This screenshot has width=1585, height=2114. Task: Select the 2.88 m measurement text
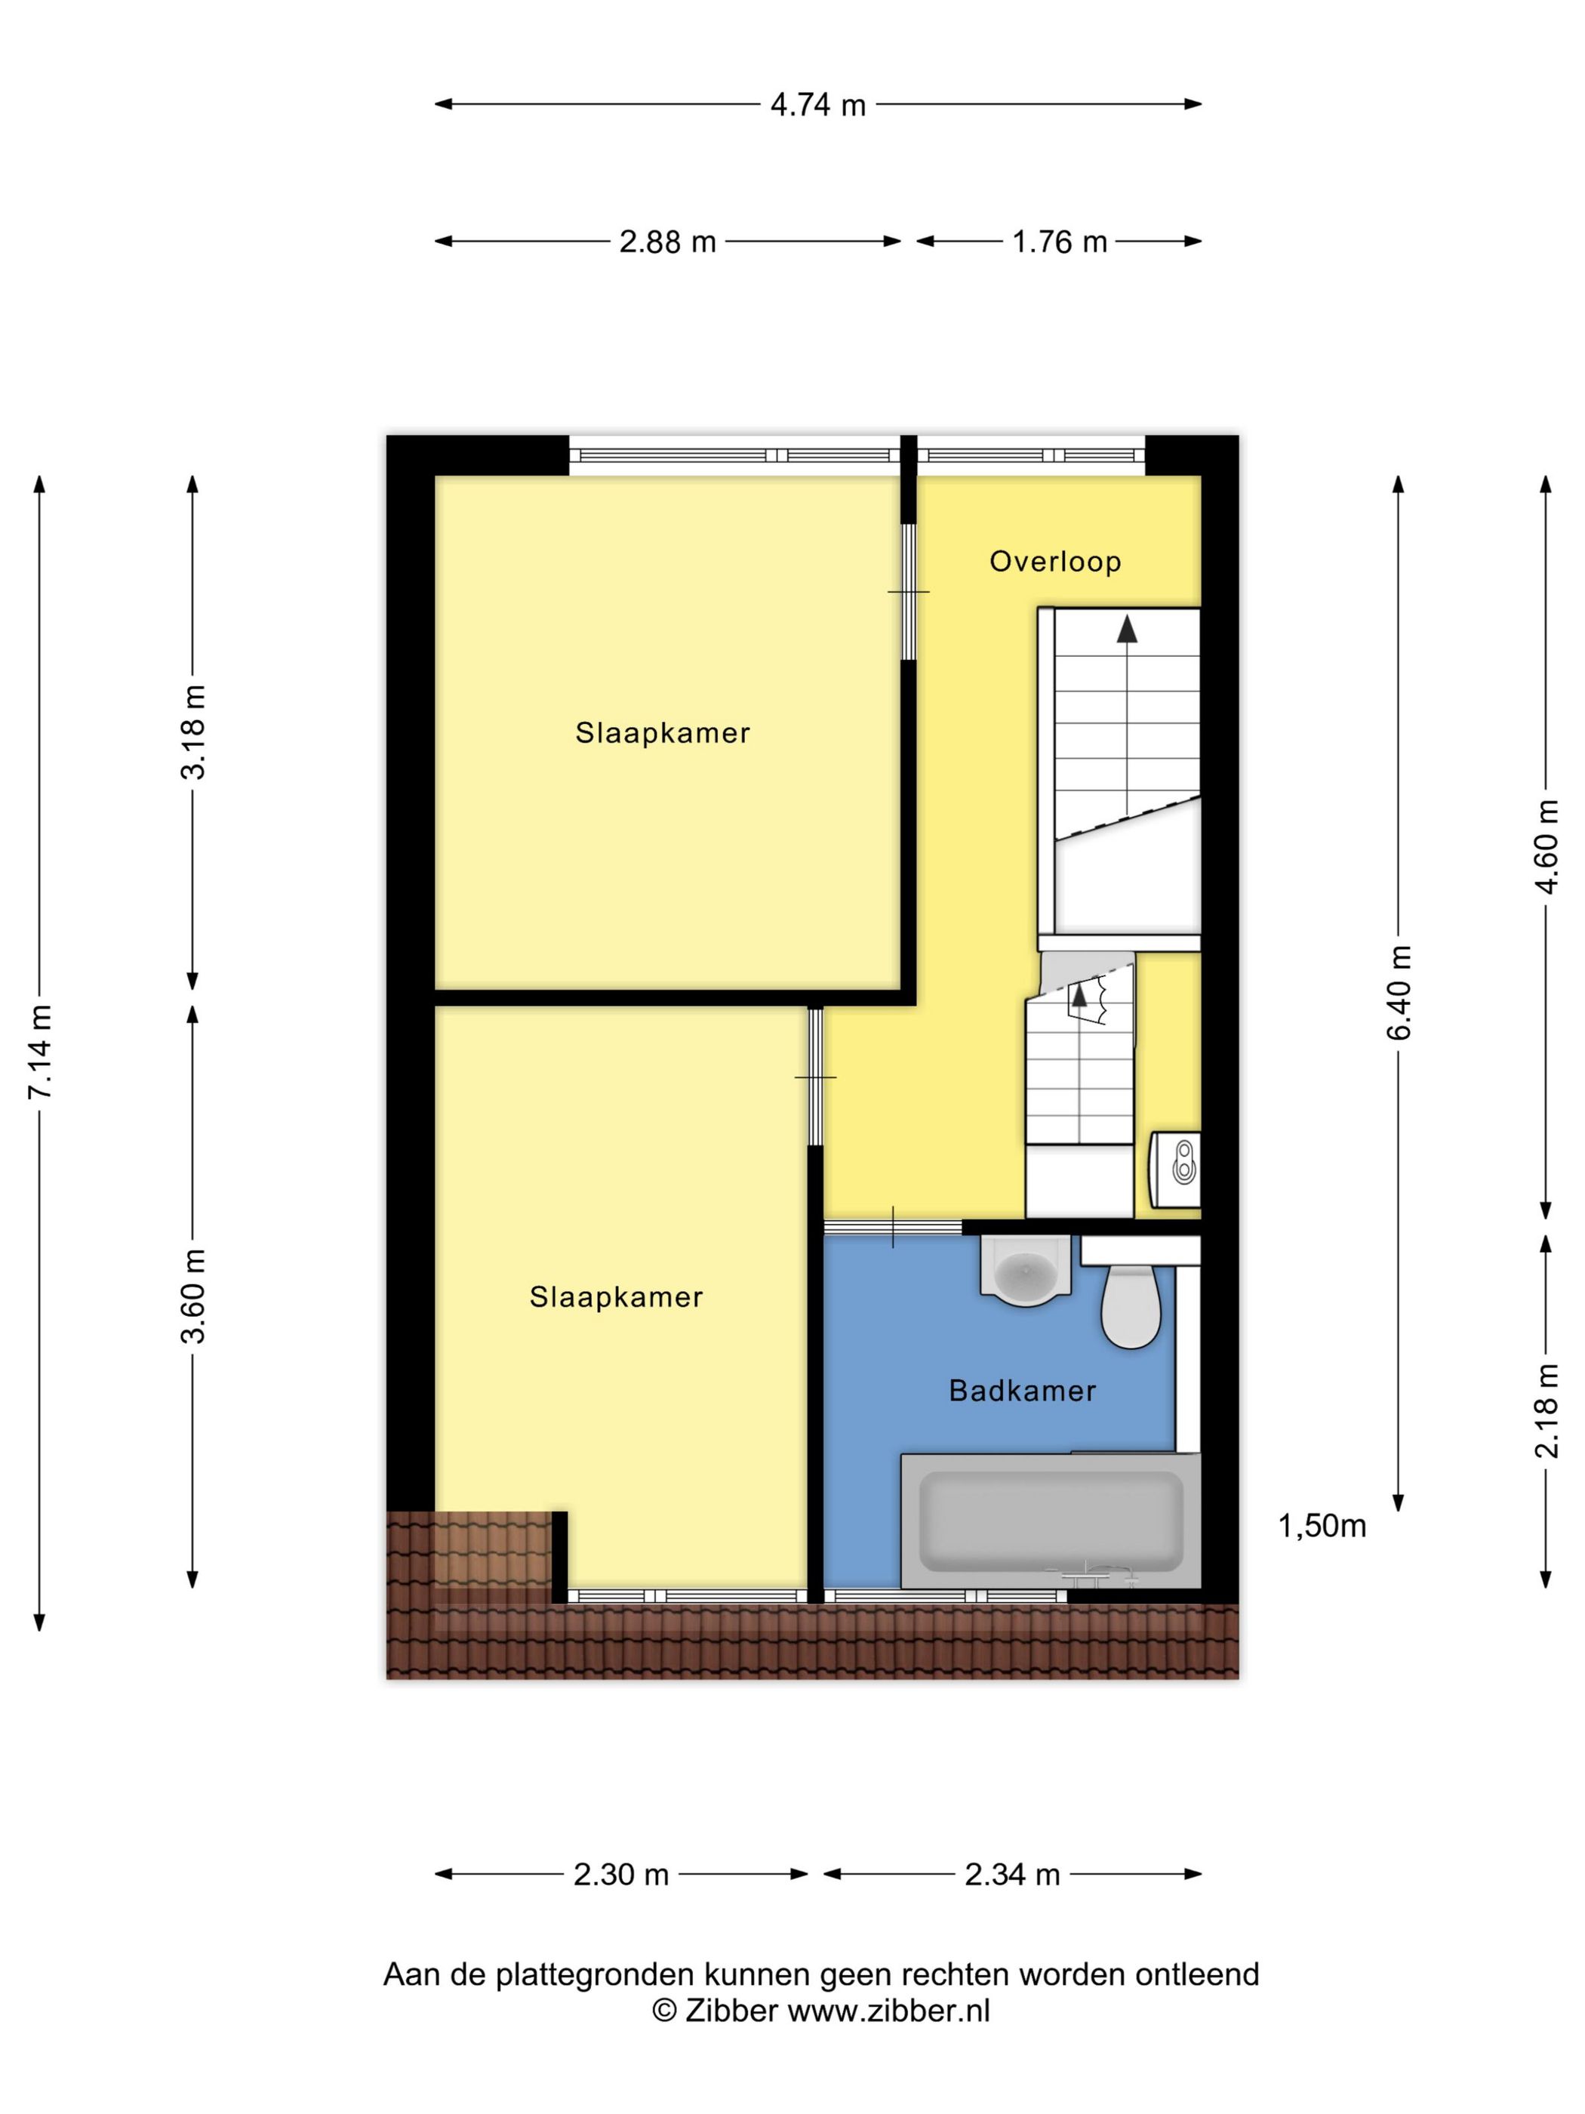667,241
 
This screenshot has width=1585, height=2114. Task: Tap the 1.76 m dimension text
1059,241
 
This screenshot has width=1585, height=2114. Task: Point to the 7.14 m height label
40,1050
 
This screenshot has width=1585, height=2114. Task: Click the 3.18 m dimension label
193,732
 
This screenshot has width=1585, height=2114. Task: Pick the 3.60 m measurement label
193,1295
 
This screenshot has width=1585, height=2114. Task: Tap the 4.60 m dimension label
1546,847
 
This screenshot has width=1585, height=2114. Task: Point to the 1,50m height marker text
1322,1527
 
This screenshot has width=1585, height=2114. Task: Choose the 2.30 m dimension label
620,1874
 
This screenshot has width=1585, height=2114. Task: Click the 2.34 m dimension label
1012,1874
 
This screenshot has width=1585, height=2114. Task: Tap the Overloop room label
1054,561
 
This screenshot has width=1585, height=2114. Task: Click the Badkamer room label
1021,1391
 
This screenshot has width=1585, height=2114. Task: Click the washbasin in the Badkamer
1024,1269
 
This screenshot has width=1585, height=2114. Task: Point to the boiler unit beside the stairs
1175,1169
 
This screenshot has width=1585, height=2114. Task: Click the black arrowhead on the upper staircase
1128,628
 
